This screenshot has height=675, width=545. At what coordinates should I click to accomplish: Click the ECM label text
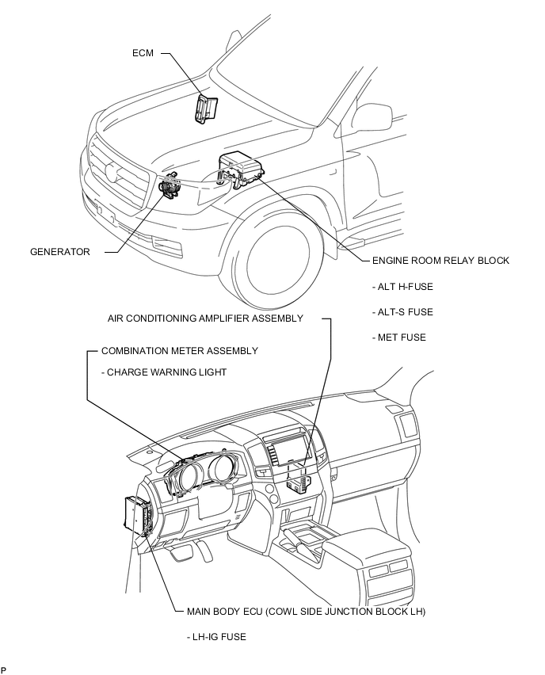point(143,53)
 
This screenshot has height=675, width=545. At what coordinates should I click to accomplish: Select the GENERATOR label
point(60,252)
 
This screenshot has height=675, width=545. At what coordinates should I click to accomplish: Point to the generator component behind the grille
point(169,186)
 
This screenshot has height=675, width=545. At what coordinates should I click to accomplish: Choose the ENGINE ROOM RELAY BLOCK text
point(440,261)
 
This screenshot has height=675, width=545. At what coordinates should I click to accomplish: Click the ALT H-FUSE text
point(402,287)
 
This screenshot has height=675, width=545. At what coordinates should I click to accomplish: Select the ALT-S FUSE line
point(402,312)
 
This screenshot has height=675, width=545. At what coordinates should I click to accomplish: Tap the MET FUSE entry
point(399,337)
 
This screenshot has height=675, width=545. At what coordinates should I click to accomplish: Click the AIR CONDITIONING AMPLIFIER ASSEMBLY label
point(205,318)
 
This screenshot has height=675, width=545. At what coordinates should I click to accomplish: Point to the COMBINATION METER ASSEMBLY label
point(180,351)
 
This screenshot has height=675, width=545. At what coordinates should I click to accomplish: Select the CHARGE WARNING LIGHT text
point(164,372)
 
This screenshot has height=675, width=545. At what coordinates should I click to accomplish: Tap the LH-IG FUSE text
point(216,637)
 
